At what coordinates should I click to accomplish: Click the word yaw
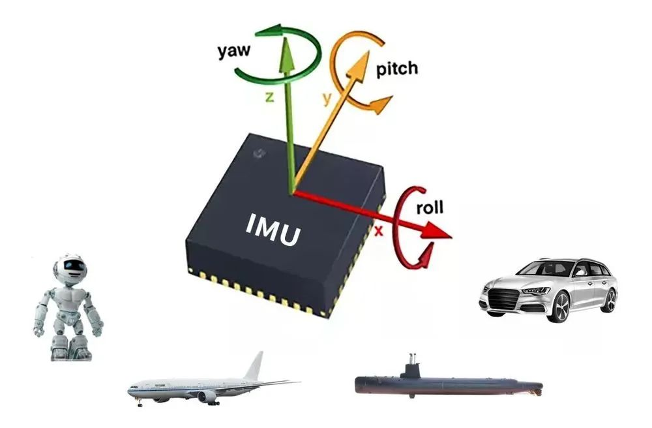(234, 51)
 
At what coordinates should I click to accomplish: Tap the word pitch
(396, 69)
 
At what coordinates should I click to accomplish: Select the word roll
(430, 207)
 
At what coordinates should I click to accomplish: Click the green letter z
(270, 97)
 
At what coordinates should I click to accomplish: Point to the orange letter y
(328, 99)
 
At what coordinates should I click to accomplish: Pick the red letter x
(378, 231)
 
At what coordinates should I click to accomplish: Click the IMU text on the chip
(273, 230)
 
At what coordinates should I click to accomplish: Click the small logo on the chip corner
(259, 154)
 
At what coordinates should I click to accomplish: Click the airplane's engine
(207, 397)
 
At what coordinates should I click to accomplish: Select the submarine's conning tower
(411, 368)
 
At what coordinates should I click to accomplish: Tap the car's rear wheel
(608, 300)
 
